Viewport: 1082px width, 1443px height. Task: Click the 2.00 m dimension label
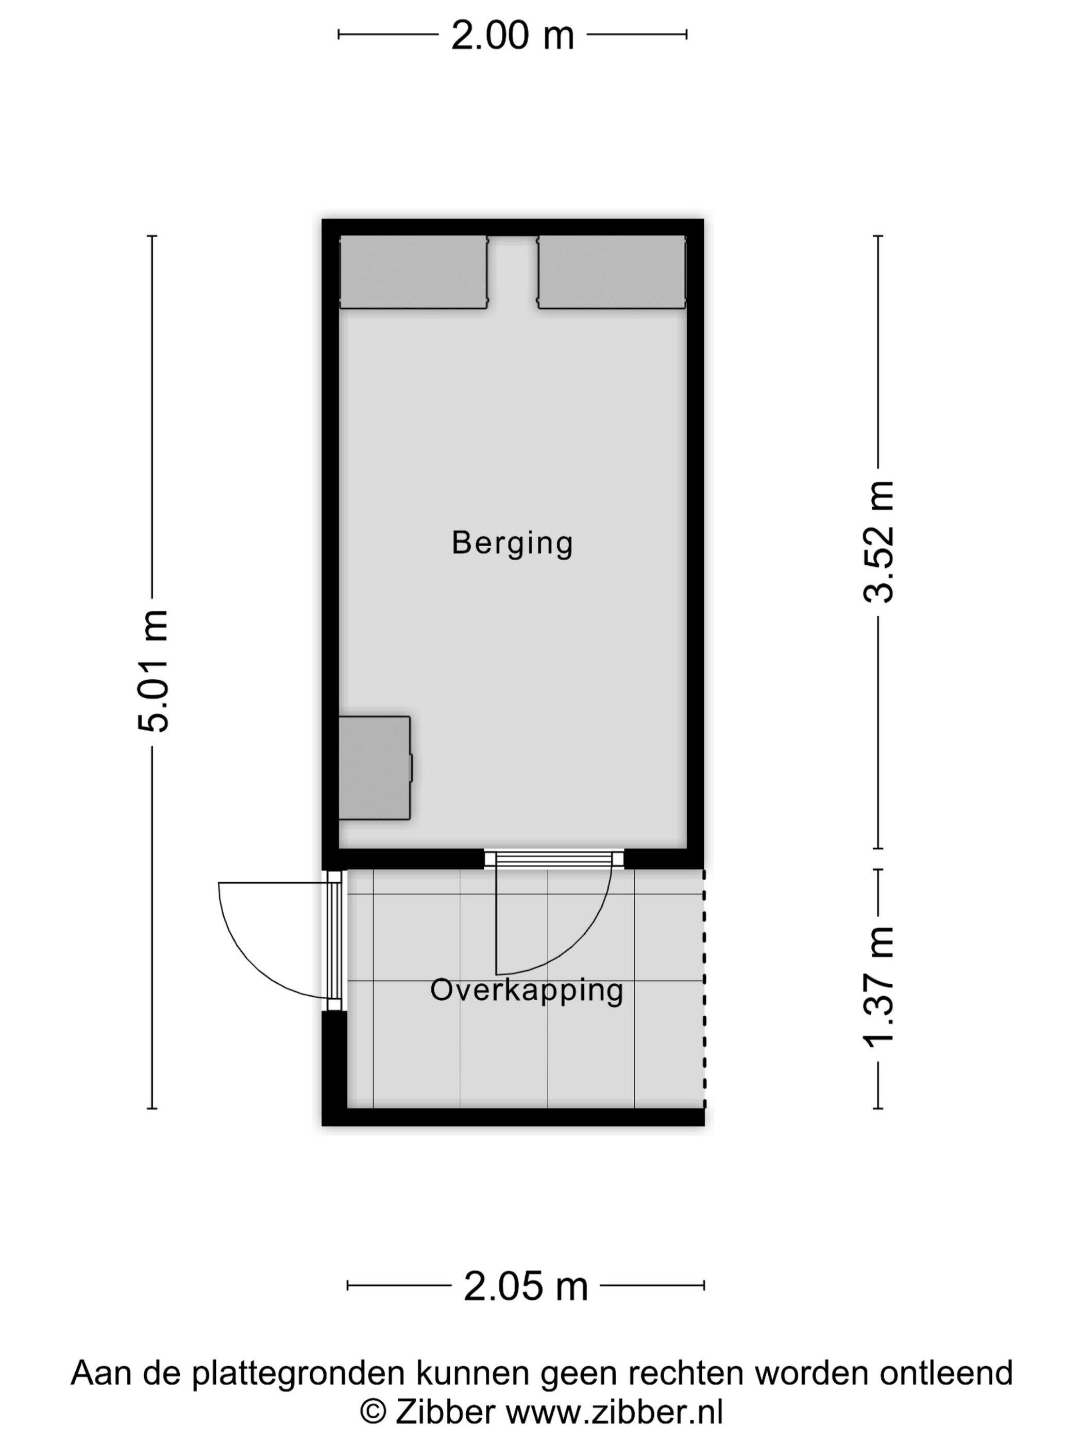(512, 36)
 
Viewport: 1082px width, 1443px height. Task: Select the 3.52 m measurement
(878, 542)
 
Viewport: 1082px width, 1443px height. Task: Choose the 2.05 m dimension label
(526, 1286)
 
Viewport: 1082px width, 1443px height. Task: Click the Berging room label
(512, 543)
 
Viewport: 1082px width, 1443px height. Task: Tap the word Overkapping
(527, 991)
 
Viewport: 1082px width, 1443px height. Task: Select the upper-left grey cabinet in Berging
(414, 272)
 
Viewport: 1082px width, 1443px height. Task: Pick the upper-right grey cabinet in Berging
(612, 272)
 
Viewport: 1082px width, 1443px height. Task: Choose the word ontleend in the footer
(946, 1372)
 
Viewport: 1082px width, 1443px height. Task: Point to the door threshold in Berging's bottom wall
(554, 859)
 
